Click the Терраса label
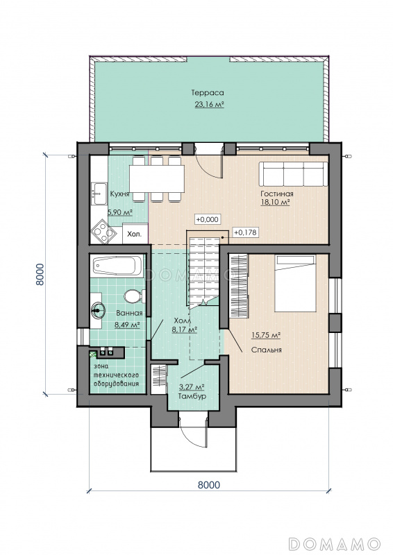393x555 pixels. tap(208, 93)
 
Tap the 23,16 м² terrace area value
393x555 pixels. tap(209, 104)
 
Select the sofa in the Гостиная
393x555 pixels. tap(294, 174)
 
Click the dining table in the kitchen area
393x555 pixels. tap(157, 178)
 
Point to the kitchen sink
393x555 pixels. tap(99, 194)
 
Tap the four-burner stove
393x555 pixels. tap(104, 232)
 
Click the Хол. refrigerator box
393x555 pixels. tap(135, 233)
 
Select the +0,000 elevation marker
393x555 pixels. tap(208, 219)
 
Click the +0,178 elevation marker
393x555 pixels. tap(245, 232)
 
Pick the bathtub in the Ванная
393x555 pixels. tap(117, 266)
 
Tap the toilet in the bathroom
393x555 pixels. tap(135, 296)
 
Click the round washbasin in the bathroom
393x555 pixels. tap(98, 310)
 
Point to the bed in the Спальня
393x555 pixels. tap(296, 284)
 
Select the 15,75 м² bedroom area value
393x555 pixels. tap(266, 335)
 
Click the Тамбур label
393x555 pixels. tap(192, 396)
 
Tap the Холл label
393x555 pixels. tap(182, 321)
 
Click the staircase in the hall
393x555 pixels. tap(203, 270)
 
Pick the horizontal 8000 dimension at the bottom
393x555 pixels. tap(209, 484)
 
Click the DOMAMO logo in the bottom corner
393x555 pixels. tap(335, 543)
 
